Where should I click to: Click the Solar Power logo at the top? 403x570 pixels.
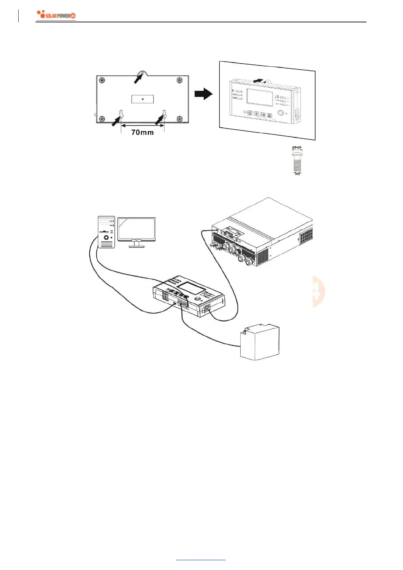point(56,15)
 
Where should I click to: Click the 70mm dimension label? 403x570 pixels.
point(142,132)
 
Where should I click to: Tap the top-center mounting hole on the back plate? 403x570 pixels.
point(143,73)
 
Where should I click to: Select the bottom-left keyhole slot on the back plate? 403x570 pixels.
point(121,114)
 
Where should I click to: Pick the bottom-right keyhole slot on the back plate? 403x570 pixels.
point(164,114)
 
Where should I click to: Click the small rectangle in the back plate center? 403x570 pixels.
point(142,99)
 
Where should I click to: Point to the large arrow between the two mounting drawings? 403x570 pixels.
point(203,94)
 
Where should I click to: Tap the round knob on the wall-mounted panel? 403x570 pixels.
point(281,113)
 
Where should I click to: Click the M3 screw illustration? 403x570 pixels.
point(297,161)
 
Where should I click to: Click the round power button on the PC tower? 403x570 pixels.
point(106,238)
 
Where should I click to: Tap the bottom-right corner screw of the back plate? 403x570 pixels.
point(180,119)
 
